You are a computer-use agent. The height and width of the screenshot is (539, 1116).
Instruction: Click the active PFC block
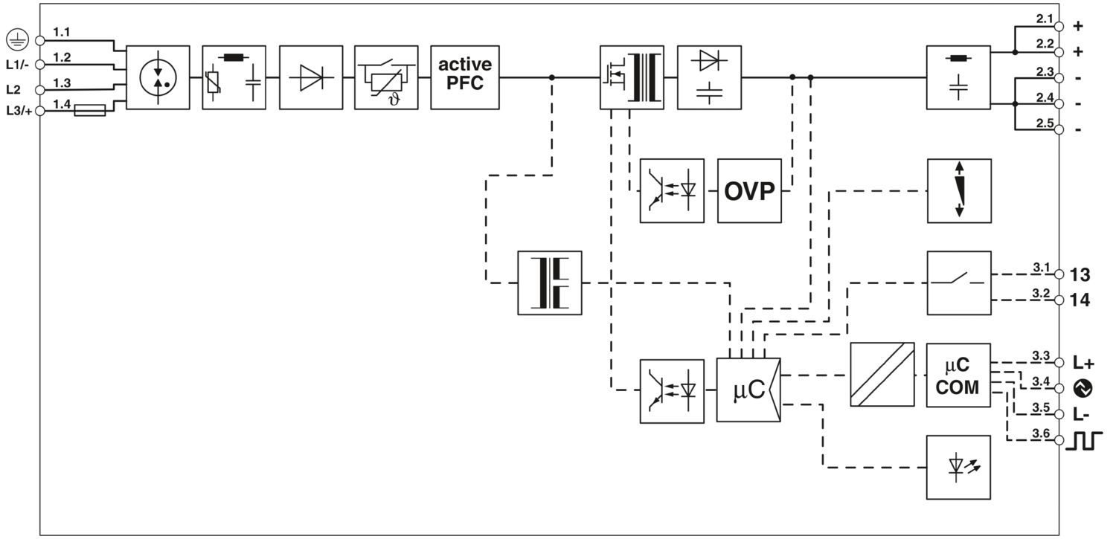tap(465, 77)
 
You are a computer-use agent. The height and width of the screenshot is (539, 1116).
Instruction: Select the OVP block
tap(749, 190)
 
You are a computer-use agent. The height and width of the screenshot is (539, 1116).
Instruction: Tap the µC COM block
tap(958, 375)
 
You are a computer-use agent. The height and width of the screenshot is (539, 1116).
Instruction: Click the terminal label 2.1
tap(1045, 18)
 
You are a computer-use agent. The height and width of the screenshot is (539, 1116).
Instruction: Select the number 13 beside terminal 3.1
tap(1080, 275)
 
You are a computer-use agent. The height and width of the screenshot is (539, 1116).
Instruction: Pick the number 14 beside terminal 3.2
tap(1080, 301)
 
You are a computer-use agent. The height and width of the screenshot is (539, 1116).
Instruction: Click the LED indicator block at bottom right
tap(958, 467)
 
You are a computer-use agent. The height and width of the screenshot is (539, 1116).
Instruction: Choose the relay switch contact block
tap(958, 283)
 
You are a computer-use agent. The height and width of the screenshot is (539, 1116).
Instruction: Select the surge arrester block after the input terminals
tap(158, 77)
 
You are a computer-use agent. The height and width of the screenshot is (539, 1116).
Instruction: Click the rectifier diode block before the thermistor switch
tap(311, 77)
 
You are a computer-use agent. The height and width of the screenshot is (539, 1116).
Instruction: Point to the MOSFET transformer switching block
tap(632, 77)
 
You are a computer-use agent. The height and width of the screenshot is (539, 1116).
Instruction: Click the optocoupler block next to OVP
tap(672, 190)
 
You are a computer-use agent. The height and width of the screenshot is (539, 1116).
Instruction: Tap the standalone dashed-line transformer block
tap(549, 283)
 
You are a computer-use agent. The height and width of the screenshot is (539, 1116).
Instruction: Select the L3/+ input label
tap(17, 111)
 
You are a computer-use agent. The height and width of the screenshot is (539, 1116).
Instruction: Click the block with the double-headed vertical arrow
tap(958, 190)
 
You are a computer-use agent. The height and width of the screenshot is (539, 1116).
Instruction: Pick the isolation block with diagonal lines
tap(882, 375)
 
